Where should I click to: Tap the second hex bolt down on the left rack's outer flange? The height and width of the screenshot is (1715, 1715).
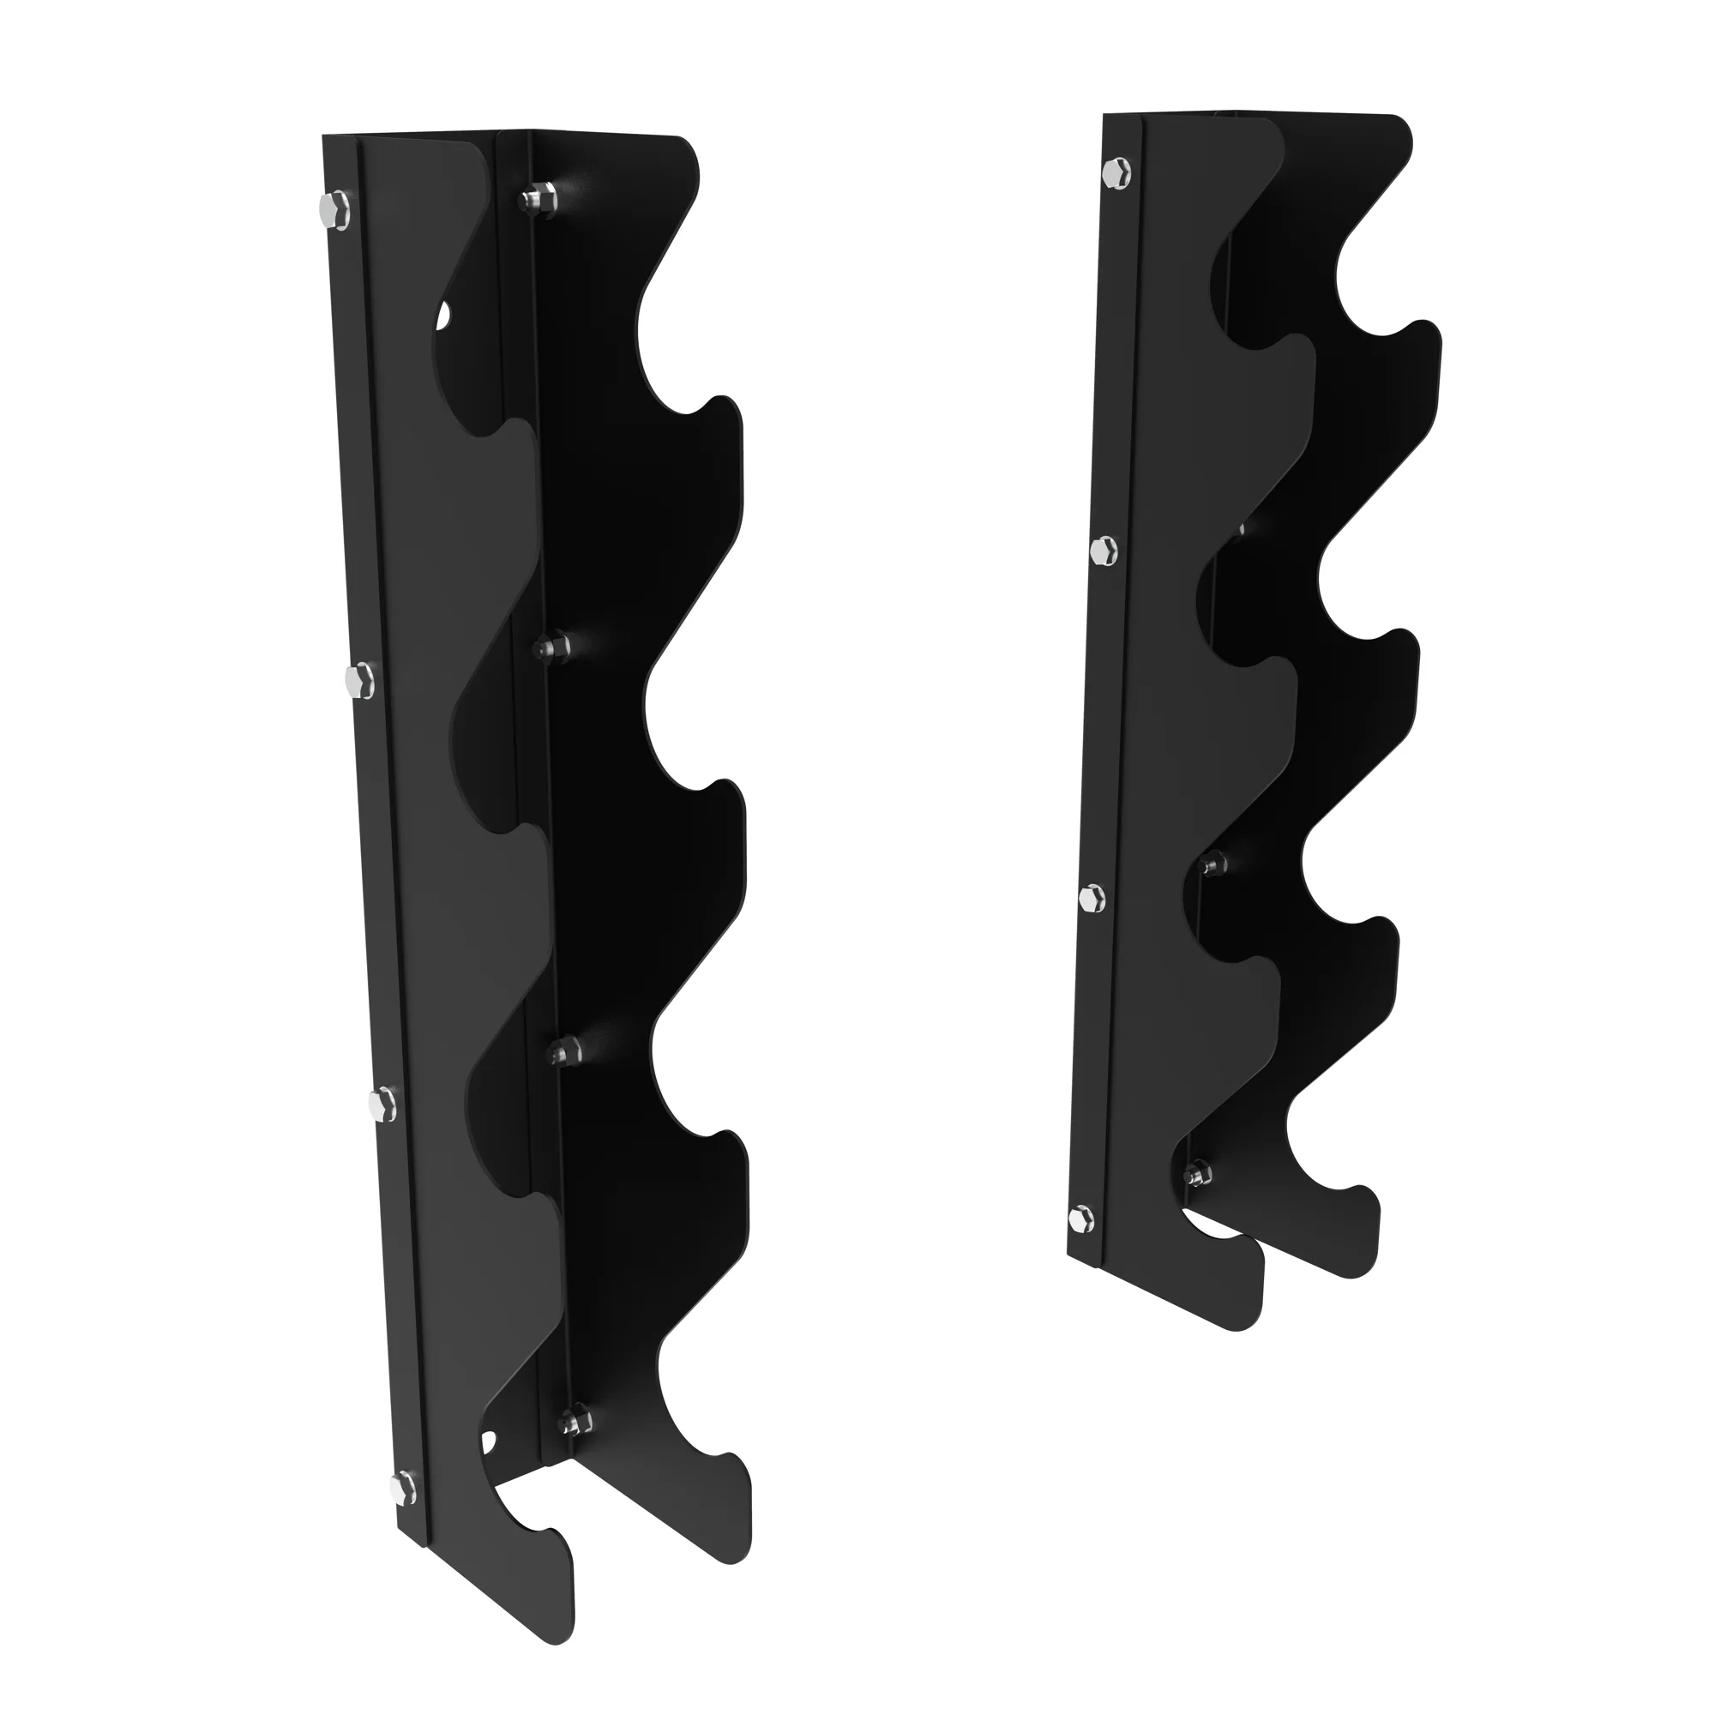[x=358, y=681]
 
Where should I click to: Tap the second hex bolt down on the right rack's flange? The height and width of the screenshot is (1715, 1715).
[x=1104, y=551]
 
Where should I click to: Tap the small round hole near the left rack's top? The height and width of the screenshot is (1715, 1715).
[x=444, y=315]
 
